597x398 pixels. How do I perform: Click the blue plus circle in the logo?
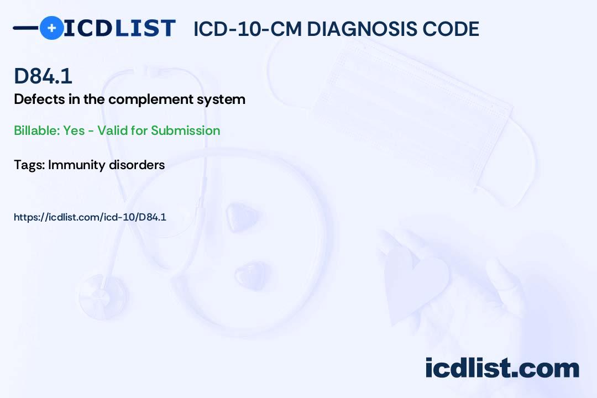click(51, 28)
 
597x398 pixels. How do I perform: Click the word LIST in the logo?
click(145, 28)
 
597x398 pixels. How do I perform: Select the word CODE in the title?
click(451, 29)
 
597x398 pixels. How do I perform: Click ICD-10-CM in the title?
click(248, 29)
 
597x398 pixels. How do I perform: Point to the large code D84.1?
click(43, 76)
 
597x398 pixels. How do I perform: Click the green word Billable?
click(37, 130)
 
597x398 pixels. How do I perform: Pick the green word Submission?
click(185, 130)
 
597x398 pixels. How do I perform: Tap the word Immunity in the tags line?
click(76, 165)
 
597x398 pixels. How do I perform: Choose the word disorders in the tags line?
click(137, 165)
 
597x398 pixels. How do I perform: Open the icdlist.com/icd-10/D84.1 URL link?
click(90, 217)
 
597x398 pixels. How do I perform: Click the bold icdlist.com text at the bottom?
click(502, 368)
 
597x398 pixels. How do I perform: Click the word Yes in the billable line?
click(74, 130)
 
